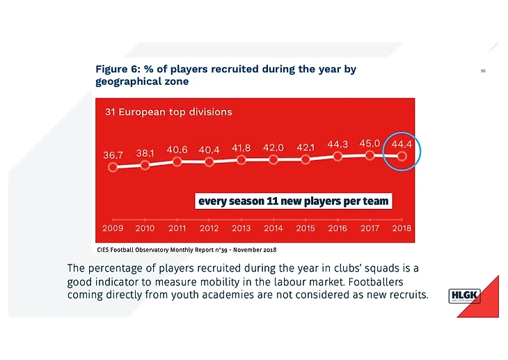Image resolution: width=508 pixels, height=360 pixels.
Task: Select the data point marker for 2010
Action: point(145,165)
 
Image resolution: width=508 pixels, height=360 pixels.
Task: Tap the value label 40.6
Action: point(177,149)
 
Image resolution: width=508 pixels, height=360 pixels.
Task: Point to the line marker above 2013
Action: point(241,159)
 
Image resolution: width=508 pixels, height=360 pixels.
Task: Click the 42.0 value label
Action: point(273,148)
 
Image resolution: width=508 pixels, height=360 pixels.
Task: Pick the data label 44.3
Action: point(338,144)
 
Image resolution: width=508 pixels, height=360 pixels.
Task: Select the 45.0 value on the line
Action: point(370,143)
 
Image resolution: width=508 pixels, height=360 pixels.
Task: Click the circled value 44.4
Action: point(402,144)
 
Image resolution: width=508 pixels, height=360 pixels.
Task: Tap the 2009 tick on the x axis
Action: point(113,228)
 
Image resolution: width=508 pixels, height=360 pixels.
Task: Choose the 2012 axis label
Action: point(209,228)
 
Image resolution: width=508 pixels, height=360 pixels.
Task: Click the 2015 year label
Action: point(305,228)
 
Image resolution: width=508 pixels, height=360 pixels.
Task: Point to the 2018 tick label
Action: point(402,228)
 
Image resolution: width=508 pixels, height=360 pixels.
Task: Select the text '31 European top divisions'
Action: point(168,111)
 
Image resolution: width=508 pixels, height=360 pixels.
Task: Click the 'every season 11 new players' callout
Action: point(294,201)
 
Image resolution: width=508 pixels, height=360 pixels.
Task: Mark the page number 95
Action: point(483,70)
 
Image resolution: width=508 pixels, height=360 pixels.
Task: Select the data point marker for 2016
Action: point(338,157)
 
